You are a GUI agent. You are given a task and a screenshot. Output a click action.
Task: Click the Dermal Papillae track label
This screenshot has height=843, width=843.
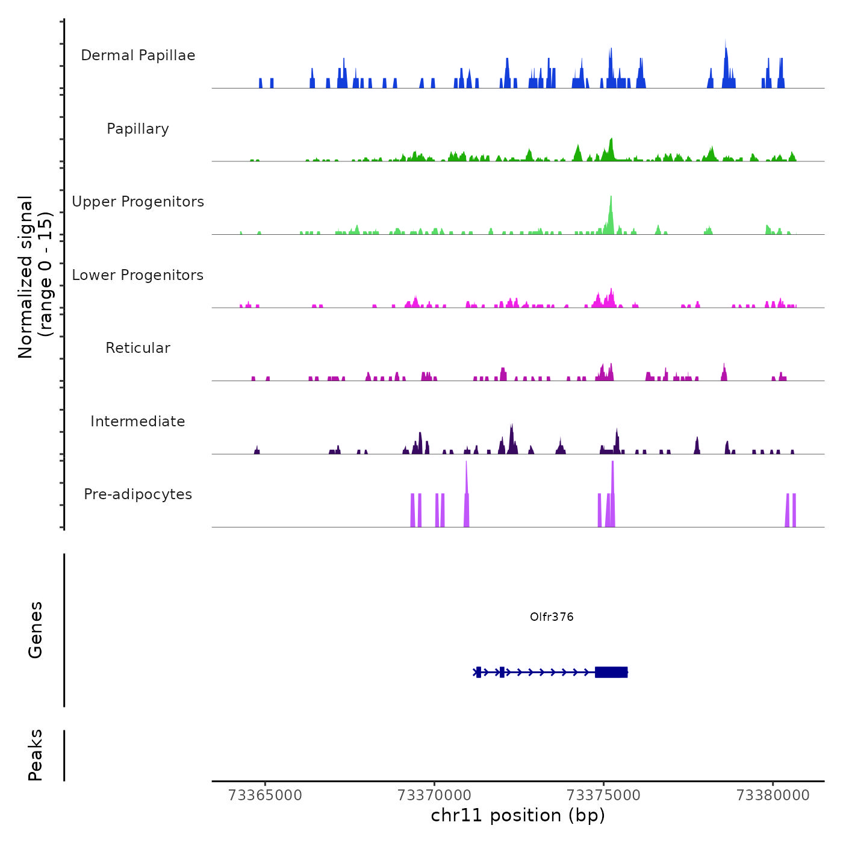pyautogui.click(x=138, y=55)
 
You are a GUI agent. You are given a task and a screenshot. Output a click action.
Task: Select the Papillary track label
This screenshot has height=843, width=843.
pyautogui.click(x=138, y=129)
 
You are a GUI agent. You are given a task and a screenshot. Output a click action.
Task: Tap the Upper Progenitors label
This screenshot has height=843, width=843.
pyautogui.click(x=138, y=202)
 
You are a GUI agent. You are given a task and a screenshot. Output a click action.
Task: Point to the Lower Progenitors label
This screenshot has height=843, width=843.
pyautogui.click(x=138, y=275)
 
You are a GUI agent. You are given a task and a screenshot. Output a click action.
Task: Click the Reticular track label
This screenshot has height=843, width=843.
pyautogui.click(x=138, y=348)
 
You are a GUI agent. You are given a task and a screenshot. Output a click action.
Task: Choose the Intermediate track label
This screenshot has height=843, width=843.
pyautogui.click(x=138, y=421)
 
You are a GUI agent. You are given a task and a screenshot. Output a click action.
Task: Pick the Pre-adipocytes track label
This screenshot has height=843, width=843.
pyautogui.click(x=138, y=494)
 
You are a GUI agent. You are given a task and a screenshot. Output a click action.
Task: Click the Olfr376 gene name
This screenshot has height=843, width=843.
pyautogui.click(x=552, y=617)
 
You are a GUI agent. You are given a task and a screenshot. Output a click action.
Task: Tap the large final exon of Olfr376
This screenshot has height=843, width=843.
pyautogui.click(x=611, y=672)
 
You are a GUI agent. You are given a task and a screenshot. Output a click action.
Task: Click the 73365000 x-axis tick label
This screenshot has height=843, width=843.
pyautogui.click(x=266, y=795)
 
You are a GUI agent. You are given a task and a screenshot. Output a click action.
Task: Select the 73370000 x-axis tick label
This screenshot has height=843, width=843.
pyautogui.click(x=435, y=795)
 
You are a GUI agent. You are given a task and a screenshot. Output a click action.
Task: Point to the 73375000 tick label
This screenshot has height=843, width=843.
pyautogui.click(x=604, y=795)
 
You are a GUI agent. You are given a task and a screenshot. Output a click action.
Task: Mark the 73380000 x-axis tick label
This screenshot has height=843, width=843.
pyautogui.click(x=773, y=795)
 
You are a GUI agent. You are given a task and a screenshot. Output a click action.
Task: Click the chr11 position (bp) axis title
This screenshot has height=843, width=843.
pyautogui.click(x=518, y=815)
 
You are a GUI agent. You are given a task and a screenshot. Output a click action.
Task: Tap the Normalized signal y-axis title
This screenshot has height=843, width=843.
pyautogui.click(x=35, y=277)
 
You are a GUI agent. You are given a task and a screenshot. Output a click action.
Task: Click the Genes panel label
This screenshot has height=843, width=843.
pyautogui.click(x=36, y=630)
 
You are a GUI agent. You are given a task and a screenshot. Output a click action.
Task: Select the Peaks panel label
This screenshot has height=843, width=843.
pyautogui.click(x=36, y=755)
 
